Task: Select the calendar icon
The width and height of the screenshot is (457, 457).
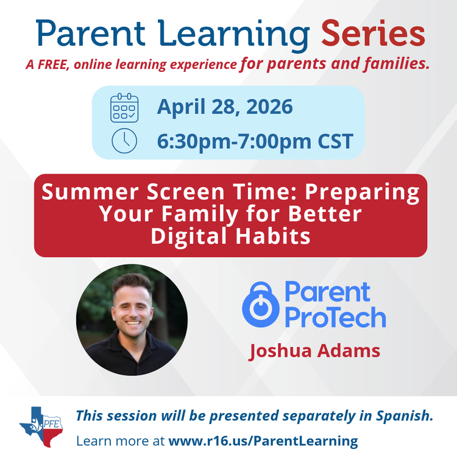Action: coord(124,107)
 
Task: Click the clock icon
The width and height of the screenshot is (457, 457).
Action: coord(124,141)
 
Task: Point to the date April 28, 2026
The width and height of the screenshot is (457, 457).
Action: coord(225,107)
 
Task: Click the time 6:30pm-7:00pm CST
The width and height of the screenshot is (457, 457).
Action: coord(255,141)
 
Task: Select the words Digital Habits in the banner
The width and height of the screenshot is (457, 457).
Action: coord(230,235)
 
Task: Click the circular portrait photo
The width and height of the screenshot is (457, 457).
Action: coord(132,319)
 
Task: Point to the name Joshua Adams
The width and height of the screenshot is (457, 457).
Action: coord(314,351)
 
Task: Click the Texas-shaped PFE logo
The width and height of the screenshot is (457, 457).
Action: coord(41,426)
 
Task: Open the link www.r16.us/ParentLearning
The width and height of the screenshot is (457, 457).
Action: coord(263,440)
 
